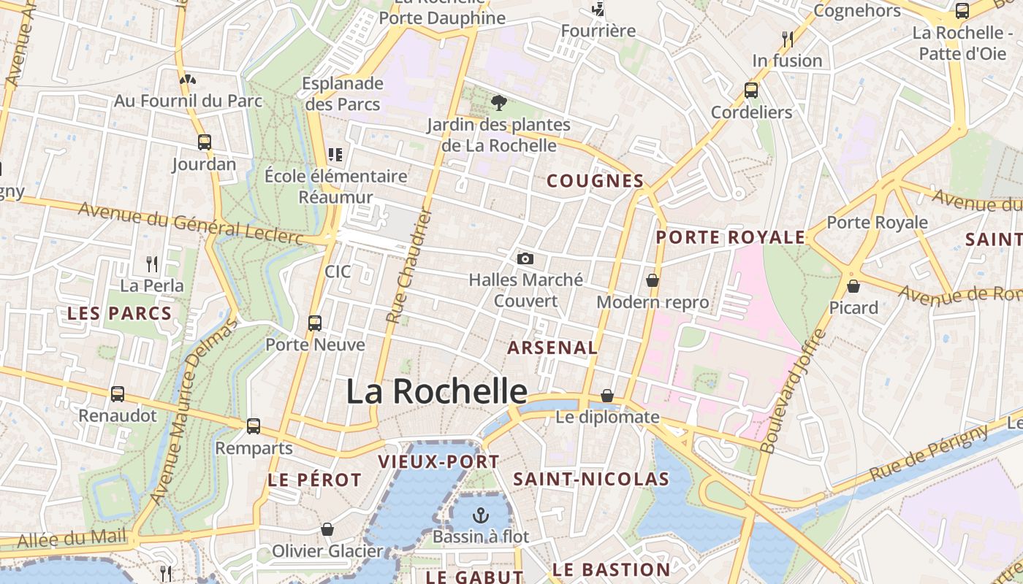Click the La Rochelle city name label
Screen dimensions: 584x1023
pos(436,391)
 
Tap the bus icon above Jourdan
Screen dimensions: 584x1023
pos(205,142)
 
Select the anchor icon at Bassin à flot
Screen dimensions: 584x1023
pos(480,515)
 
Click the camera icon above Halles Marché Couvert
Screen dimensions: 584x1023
pos(525,258)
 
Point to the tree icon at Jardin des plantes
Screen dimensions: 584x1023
pos(499,102)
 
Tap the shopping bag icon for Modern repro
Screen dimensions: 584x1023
pos(653,280)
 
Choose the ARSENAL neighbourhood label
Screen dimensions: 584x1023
pos(552,347)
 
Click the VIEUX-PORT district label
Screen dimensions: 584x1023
pos(438,461)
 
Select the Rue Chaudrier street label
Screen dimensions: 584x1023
pos(410,266)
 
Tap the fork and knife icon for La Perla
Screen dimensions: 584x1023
pos(152,264)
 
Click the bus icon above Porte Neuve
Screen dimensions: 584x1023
pos(315,323)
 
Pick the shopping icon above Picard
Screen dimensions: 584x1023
pos(853,286)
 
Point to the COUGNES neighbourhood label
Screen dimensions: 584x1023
pos(595,181)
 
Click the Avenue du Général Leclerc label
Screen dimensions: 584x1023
pos(190,223)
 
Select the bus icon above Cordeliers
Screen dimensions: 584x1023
pos(751,91)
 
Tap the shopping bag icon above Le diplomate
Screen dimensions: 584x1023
pos(607,396)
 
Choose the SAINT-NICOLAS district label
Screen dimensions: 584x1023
pos(591,479)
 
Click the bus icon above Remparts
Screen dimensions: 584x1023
pos(254,426)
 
